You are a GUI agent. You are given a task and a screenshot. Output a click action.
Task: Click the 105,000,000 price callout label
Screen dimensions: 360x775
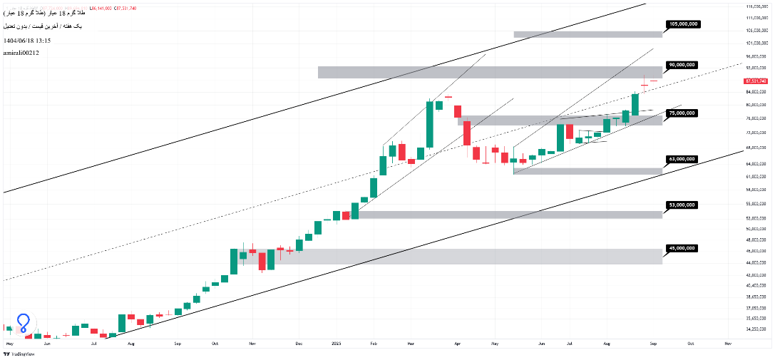(682, 24)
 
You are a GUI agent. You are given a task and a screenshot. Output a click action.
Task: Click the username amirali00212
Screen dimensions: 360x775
(21, 53)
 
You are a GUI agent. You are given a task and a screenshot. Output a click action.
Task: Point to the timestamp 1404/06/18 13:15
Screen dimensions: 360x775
(27, 41)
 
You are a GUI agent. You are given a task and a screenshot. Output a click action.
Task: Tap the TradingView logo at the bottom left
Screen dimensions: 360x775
(21, 354)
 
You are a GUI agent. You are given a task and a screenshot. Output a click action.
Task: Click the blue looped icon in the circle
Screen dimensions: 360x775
(24, 324)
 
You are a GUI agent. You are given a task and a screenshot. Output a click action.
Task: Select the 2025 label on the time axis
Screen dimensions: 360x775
(338, 343)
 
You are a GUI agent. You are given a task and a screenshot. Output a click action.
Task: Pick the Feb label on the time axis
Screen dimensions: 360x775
(374, 343)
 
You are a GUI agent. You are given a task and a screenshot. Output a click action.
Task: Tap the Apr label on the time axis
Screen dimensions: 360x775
(457, 343)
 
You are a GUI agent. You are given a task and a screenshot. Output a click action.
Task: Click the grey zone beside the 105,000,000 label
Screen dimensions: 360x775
(587, 34)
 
